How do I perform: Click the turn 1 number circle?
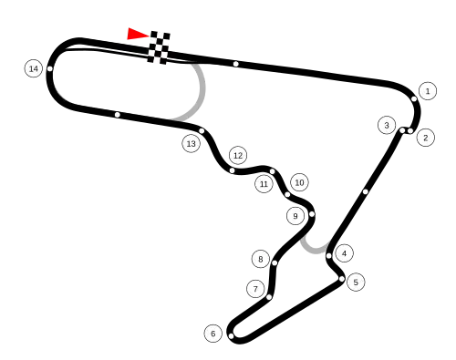click(427, 90)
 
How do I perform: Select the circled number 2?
click(425, 138)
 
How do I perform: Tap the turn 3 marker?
click(387, 125)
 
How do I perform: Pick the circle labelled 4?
click(344, 252)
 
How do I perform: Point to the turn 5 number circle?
click(355, 282)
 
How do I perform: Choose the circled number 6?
click(212, 334)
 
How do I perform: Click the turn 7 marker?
click(255, 289)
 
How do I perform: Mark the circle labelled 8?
click(260, 259)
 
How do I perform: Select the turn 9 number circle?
click(295, 216)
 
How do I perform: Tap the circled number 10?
click(299, 182)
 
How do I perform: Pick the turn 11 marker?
click(264, 184)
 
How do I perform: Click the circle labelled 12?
click(238, 155)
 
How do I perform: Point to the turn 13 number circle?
click(191, 143)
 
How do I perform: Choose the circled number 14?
click(33, 68)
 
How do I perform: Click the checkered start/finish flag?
click(160, 47)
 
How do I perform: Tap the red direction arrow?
click(136, 35)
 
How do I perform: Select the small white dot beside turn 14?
click(50, 69)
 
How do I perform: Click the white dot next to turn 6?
click(231, 336)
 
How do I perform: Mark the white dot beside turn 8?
click(275, 263)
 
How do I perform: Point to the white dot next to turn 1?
click(413, 98)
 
